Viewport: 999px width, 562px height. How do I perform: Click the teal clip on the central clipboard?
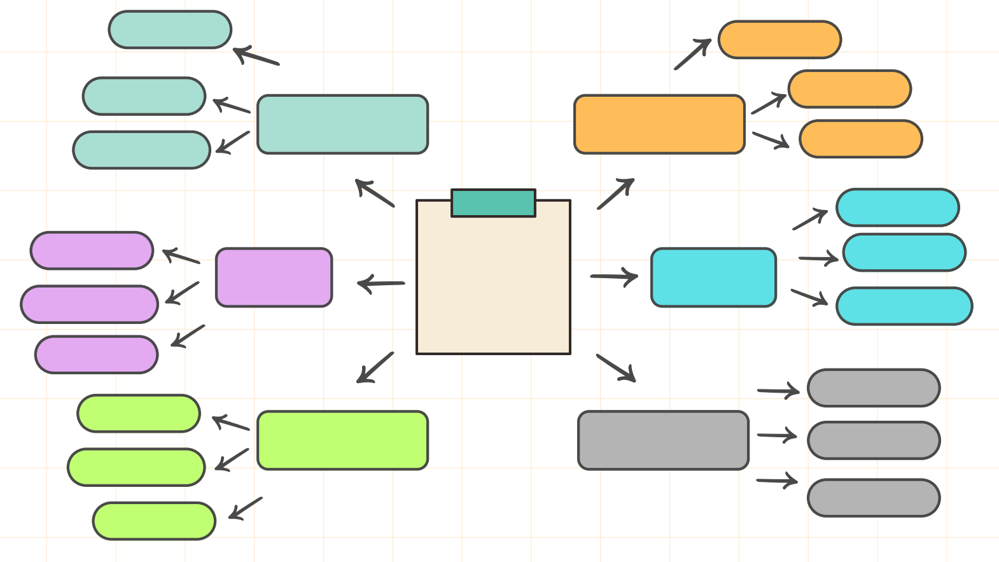click(x=493, y=203)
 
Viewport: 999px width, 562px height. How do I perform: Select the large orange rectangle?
click(x=659, y=124)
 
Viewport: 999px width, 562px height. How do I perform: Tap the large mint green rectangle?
click(x=342, y=124)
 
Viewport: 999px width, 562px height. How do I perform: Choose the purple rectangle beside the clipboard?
click(x=274, y=277)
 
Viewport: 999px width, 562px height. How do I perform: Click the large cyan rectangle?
click(x=713, y=277)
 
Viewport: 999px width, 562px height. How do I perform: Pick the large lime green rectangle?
click(x=342, y=440)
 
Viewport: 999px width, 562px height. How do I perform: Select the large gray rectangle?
click(x=663, y=440)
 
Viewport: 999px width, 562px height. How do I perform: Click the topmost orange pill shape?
click(x=779, y=39)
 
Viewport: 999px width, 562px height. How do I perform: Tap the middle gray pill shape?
click(x=874, y=440)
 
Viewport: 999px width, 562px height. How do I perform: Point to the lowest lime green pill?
click(x=154, y=521)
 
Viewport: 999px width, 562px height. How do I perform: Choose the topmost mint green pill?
click(x=170, y=29)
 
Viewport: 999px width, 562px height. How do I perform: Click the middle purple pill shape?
click(x=89, y=304)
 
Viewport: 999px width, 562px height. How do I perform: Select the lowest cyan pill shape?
click(x=904, y=306)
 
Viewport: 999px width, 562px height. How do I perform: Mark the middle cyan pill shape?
click(x=904, y=252)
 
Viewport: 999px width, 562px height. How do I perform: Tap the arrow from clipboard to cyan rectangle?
click(x=614, y=277)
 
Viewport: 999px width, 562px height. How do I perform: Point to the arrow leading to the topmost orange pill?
click(x=692, y=54)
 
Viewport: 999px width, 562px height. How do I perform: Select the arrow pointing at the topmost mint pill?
click(x=256, y=56)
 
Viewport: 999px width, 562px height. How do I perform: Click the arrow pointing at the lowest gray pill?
click(x=777, y=481)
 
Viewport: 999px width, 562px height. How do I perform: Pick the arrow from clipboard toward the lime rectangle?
click(x=375, y=367)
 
